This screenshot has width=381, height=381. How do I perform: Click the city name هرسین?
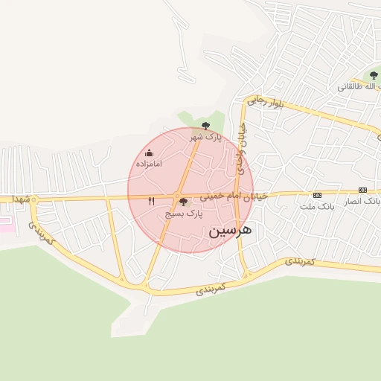pyautogui.click(x=230, y=231)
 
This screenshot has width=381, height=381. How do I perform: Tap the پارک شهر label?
pyautogui.click(x=205, y=137)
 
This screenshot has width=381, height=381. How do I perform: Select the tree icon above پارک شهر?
pyautogui.click(x=206, y=126)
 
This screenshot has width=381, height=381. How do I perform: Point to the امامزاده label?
pyautogui.click(x=149, y=163)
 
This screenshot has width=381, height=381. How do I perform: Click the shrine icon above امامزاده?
pyautogui.click(x=149, y=153)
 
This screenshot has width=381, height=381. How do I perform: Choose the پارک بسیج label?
pyautogui.click(x=184, y=213)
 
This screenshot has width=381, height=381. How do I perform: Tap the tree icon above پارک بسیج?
pyautogui.click(x=184, y=202)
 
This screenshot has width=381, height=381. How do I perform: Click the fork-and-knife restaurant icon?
pyautogui.click(x=152, y=201)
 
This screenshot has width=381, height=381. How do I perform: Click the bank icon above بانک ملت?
pyautogui.click(x=318, y=195)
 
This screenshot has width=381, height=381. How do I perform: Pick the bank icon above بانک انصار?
pyautogui.click(x=362, y=190)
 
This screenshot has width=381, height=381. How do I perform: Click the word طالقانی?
pyautogui.click(x=354, y=86)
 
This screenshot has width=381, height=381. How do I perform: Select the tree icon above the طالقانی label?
pyautogui.click(x=374, y=75)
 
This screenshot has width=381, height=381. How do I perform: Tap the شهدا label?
pyautogui.click(x=20, y=199)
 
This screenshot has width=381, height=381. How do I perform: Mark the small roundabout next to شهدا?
pyautogui.click(x=34, y=199)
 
